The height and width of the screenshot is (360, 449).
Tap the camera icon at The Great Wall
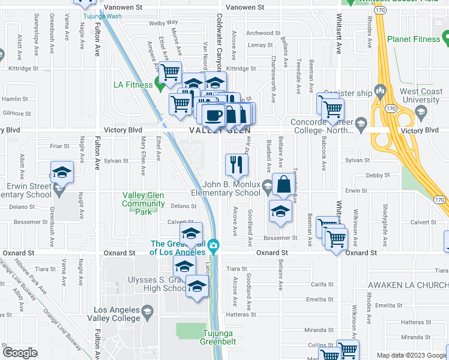212,246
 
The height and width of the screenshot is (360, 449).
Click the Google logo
20,353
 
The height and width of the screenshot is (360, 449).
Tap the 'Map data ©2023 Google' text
411,355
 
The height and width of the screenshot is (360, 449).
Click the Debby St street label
378,175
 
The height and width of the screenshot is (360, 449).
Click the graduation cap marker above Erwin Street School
61,172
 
